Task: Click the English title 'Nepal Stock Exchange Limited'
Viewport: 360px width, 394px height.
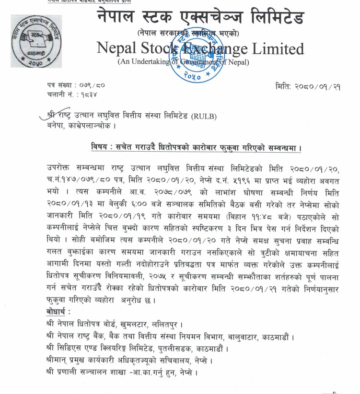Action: [200, 48]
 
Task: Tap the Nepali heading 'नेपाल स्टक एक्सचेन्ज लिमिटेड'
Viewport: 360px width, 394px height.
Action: [200, 19]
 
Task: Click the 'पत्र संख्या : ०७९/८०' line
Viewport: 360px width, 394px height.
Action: [76, 85]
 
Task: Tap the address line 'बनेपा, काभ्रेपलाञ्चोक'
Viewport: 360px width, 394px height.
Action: [81, 126]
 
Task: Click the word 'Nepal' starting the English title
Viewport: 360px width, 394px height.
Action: [117, 48]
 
